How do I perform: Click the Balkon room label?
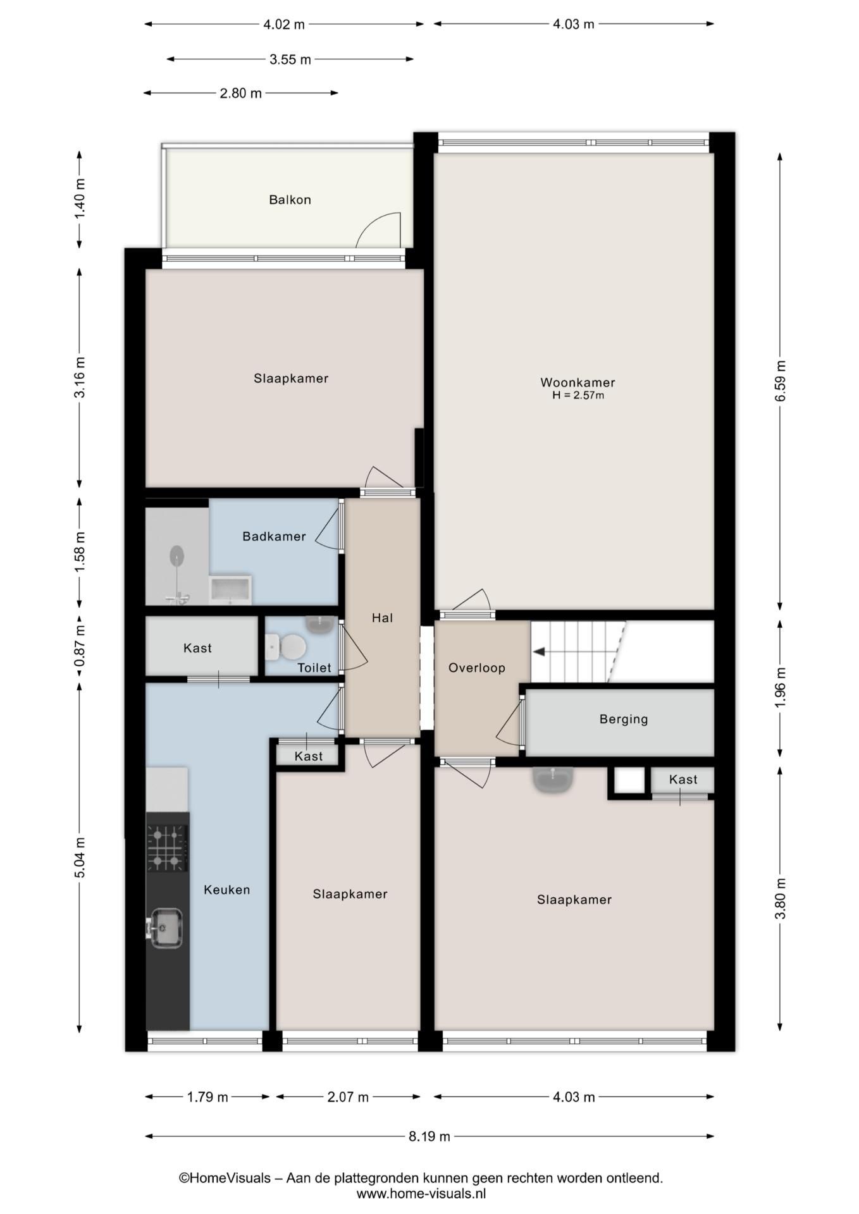(290, 200)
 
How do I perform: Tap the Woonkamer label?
(578, 383)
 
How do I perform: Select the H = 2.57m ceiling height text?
(578, 396)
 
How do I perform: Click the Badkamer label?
(274, 536)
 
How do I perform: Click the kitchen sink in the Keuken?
(165, 928)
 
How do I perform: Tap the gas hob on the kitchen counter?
(168, 848)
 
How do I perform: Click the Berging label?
(624, 719)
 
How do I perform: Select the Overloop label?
(477, 668)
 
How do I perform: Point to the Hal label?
(382, 618)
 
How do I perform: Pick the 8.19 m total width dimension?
(429, 1136)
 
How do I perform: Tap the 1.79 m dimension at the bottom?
(207, 1097)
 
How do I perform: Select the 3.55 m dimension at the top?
(290, 59)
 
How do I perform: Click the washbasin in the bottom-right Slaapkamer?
(553, 780)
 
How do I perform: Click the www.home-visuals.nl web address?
(421, 1194)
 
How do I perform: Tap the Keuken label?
(227, 890)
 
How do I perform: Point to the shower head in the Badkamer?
(177, 556)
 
